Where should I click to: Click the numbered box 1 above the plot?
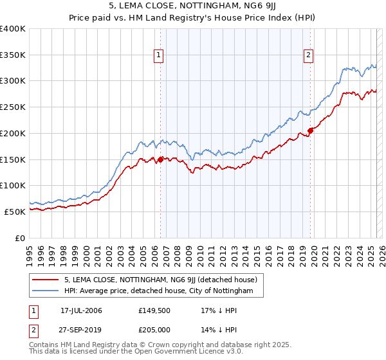click(x=159, y=56)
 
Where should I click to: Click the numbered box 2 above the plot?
click(x=309, y=56)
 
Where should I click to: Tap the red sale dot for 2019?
click(x=310, y=130)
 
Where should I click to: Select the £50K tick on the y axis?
click(x=15, y=211)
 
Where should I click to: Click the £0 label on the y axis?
click(x=21, y=237)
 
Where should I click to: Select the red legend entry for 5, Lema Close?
click(x=160, y=280)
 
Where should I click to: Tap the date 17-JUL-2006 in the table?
click(x=81, y=310)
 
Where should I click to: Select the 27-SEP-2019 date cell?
click(x=81, y=330)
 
